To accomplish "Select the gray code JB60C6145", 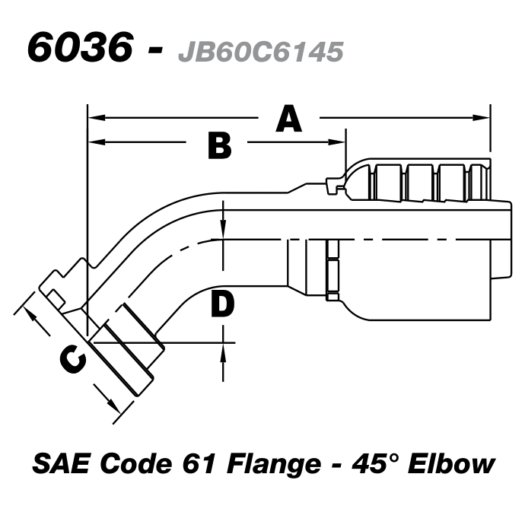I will coord(259,50).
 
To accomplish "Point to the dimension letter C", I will coord(73,360).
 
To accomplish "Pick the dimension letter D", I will coord(221,305).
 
